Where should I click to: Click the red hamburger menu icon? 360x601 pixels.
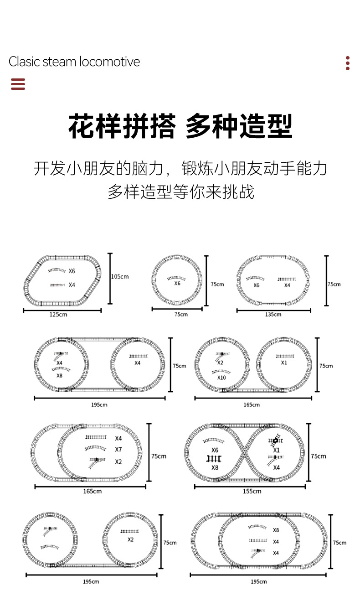click(x=18, y=84)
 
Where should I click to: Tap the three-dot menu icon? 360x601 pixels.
click(x=347, y=63)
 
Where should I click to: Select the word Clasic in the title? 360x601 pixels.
click(x=24, y=62)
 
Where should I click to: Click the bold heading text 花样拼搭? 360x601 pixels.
click(x=122, y=126)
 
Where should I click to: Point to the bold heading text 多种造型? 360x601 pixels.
click(x=239, y=126)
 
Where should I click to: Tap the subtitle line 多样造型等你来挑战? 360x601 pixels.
click(x=180, y=192)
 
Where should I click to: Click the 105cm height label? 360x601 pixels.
click(x=120, y=276)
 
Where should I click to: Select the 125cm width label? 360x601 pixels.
click(x=59, y=315)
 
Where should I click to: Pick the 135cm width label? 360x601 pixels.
click(x=273, y=314)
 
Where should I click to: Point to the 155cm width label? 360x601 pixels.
click(x=252, y=491)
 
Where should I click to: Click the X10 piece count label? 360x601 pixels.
click(x=221, y=378)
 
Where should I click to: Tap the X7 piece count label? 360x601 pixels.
click(x=118, y=450)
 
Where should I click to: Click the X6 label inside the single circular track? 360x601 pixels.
click(x=177, y=283)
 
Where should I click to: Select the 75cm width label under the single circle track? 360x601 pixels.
click(x=180, y=314)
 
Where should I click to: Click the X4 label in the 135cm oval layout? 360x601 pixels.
click(x=287, y=285)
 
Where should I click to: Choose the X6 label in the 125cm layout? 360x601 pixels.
click(x=72, y=271)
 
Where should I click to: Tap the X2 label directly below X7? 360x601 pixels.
click(x=118, y=461)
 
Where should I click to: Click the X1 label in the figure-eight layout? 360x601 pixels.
click(x=276, y=450)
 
